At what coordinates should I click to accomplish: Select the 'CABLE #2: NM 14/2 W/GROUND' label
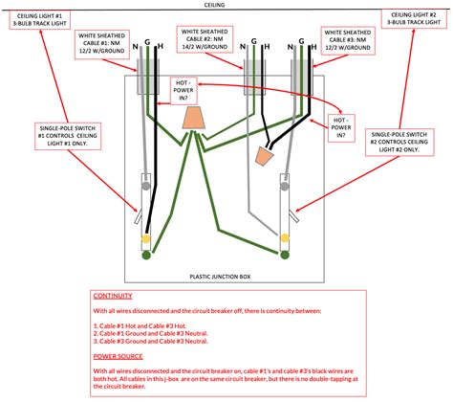206,45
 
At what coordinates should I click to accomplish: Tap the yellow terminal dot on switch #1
146,237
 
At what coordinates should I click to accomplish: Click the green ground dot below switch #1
146,256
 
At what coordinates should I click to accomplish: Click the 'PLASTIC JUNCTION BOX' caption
221,275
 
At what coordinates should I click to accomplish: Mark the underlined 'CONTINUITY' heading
113,296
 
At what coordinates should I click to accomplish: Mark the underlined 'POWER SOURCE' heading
118,354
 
